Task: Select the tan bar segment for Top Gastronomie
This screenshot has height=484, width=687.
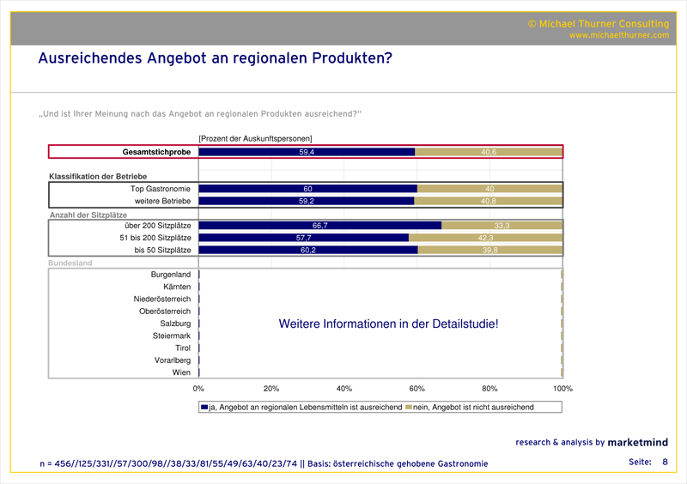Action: [489, 189]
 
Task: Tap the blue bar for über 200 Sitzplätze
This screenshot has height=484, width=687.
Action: [319, 225]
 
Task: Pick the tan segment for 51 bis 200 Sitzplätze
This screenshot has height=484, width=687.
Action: [485, 238]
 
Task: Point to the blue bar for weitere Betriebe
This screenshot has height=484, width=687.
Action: [306, 201]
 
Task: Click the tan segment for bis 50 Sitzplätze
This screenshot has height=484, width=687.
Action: [489, 250]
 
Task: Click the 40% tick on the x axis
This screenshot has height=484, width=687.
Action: [344, 389]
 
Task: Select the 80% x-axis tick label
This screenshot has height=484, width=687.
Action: [490, 389]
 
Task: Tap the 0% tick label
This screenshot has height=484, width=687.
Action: [198, 389]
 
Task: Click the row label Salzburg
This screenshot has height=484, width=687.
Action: [175, 324]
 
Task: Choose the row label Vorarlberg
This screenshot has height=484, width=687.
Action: [173, 360]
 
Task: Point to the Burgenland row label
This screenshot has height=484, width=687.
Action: [170, 275]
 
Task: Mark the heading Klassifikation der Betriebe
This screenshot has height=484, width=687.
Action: [104, 176]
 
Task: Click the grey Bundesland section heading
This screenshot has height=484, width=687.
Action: [71, 263]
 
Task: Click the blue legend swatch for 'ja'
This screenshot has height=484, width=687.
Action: [204, 407]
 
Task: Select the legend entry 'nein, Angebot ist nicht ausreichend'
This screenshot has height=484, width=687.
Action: [473, 407]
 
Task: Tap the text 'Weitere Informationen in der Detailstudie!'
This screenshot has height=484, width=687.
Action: [388, 324]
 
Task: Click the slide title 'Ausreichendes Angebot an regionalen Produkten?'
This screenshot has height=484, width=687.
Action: [215, 58]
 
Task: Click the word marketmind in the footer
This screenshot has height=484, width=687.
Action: [637, 443]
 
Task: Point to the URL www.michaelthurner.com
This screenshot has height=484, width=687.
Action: [618, 35]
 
